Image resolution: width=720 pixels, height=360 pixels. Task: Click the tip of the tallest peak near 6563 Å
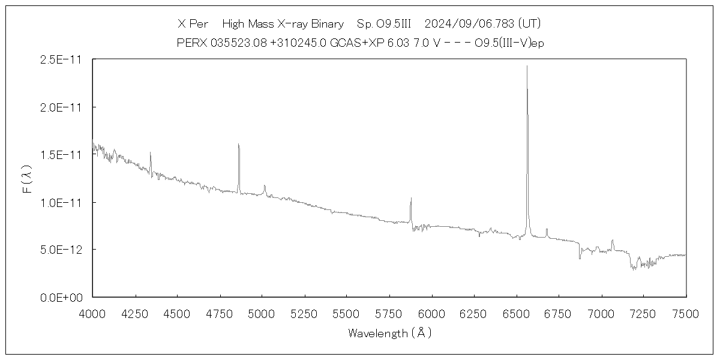(x=527, y=66)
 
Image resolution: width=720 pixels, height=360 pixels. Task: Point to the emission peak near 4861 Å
(x=238, y=144)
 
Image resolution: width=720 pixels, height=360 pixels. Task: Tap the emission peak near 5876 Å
(x=411, y=198)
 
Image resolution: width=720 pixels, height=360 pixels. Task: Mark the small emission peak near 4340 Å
(x=150, y=152)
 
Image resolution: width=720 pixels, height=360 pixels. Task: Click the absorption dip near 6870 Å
(x=580, y=258)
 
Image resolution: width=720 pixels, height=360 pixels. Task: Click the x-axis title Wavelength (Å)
(x=389, y=333)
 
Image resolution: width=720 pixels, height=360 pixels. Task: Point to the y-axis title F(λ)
(x=26, y=178)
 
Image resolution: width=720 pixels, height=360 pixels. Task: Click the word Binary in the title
(x=328, y=24)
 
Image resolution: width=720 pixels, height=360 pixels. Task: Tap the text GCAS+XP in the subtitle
(x=350, y=43)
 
